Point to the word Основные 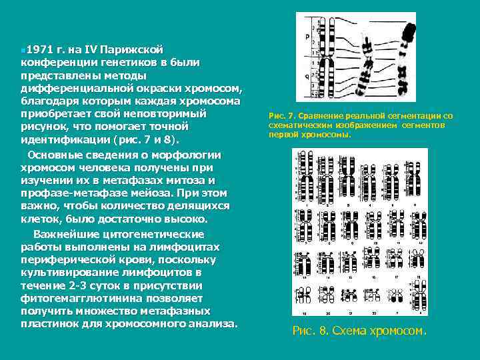[52, 155]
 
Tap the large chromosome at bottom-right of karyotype [418, 293]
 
